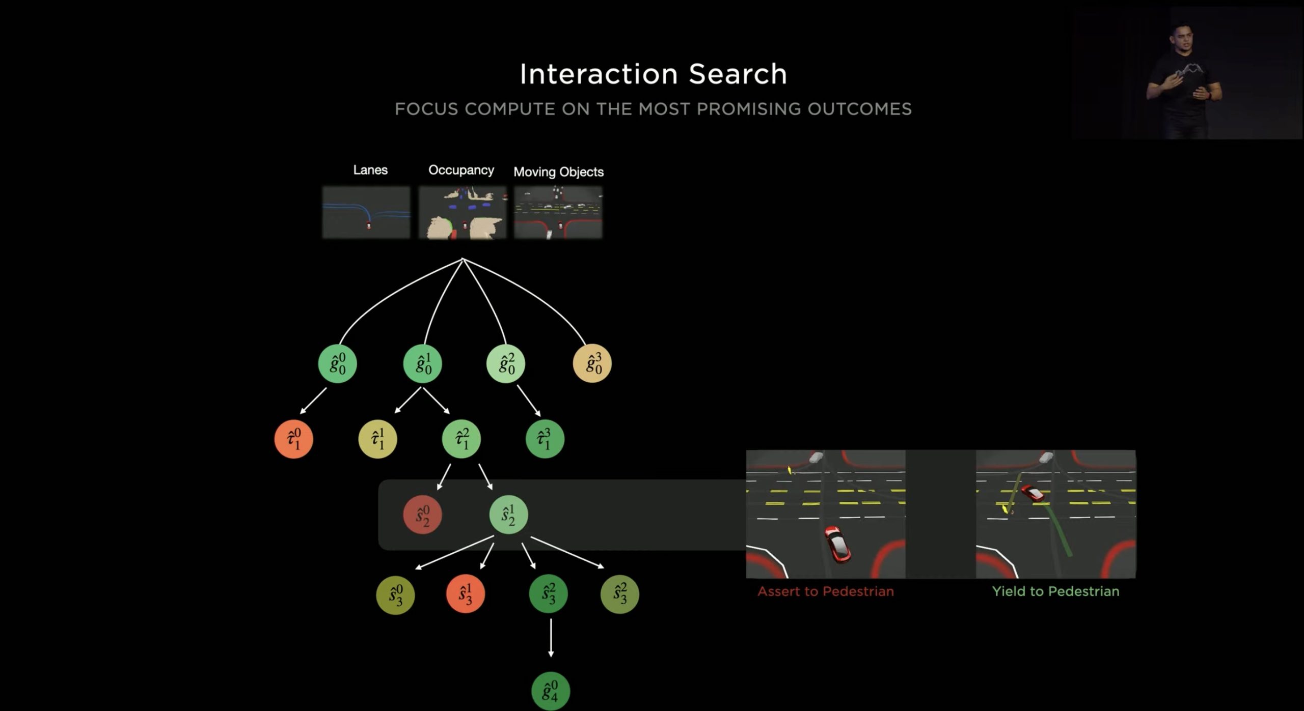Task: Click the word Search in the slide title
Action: point(738,74)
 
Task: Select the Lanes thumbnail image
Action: point(366,212)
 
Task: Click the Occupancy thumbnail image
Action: point(463,212)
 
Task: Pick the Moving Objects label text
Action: point(558,172)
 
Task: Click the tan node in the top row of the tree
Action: point(592,363)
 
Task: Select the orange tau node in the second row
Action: point(294,439)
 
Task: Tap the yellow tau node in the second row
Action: point(377,439)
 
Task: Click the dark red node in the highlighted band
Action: point(423,515)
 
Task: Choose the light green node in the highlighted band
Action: point(508,515)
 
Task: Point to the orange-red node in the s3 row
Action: point(466,594)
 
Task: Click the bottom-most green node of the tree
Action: point(551,691)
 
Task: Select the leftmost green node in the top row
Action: point(338,363)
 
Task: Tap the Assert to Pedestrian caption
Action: point(826,591)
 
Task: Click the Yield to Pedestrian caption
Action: point(1055,591)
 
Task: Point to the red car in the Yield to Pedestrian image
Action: point(1032,493)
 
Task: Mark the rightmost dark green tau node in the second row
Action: point(545,439)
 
